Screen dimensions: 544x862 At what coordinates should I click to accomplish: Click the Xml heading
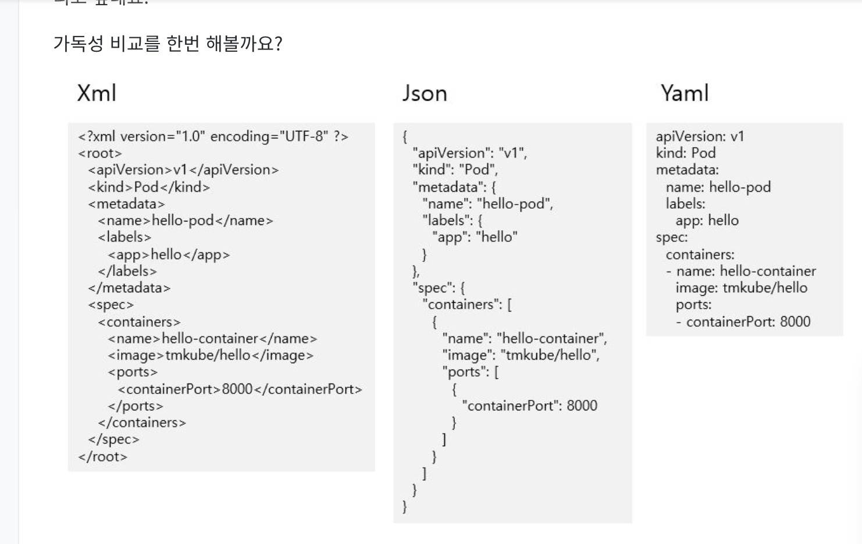[x=97, y=93]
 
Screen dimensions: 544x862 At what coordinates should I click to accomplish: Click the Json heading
[x=425, y=94]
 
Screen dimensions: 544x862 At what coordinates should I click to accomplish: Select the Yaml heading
[x=685, y=93]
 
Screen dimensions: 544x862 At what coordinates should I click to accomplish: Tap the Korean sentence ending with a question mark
[x=168, y=44]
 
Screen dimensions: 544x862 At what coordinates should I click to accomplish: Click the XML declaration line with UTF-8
[x=213, y=137]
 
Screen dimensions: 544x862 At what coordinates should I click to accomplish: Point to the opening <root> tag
[x=100, y=153]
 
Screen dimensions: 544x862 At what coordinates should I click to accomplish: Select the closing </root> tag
[x=102, y=457]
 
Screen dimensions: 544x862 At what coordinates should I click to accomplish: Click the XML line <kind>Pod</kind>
[x=149, y=187]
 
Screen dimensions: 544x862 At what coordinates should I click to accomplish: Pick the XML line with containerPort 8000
[x=240, y=389]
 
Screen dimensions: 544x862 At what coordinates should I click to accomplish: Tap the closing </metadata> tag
[x=129, y=288]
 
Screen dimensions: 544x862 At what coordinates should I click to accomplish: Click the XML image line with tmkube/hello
[x=211, y=356]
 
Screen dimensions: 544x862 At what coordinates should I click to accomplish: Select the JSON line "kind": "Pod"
[x=455, y=170]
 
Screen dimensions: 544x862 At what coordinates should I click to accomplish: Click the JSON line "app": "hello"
[x=474, y=237]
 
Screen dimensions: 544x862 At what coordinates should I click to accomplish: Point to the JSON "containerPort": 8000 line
[x=529, y=406]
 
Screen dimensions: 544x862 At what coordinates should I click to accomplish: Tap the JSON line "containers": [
[x=467, y=305]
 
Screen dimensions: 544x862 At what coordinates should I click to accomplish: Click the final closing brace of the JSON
[x=405, y=507]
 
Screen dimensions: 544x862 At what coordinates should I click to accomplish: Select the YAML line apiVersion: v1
[x=700, y=137]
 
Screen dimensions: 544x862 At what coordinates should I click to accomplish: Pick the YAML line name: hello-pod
[x=718, y=187]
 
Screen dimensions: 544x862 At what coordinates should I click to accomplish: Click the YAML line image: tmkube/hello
[x=741, y=288]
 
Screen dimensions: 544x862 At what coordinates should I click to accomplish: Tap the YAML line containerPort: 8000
[x=748, y=322]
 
